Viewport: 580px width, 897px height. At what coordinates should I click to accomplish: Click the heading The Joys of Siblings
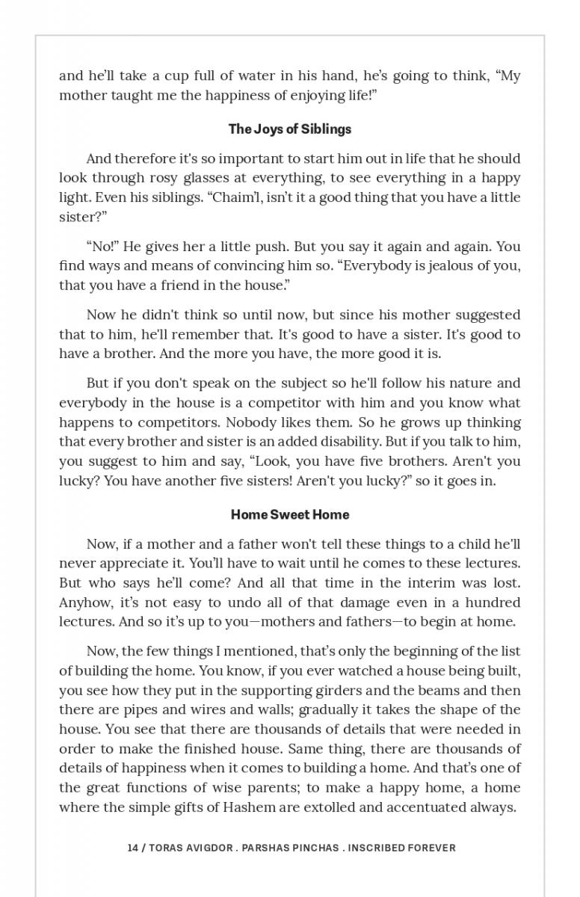[289, 129]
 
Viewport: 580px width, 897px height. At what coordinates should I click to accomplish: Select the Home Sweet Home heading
[289, 514]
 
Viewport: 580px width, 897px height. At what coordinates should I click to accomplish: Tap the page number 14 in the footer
[133, 848]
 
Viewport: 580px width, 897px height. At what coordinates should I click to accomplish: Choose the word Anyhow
[84, 602]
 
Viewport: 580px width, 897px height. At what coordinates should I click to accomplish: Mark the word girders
[339, 690]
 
